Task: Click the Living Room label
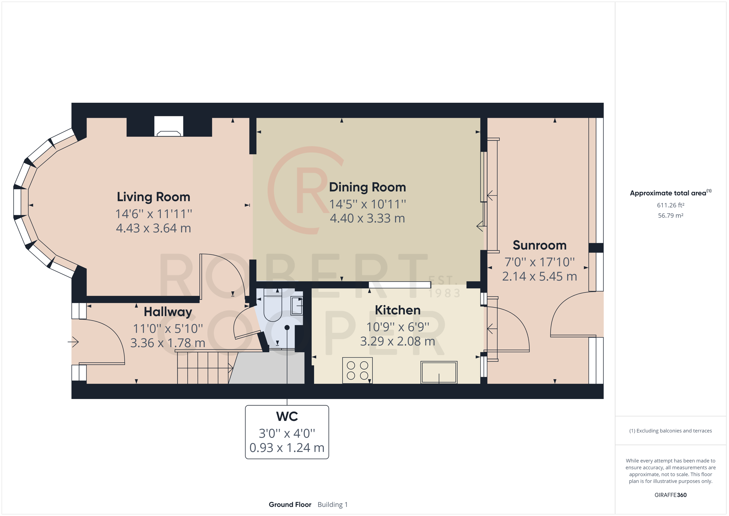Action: pyautogui.click(x=153, y=197)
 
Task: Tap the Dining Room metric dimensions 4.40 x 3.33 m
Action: pyautogui.click(x=367, y=218)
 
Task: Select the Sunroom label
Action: pyautogui.click(x=539, y=245)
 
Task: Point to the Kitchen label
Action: pyautogui.click(x=398, y=310)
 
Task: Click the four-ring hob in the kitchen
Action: pyautogui.click(x=357, y=370)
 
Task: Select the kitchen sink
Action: pyautogui.click(x=439, y=372)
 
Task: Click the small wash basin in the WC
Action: pyautogui.click(x=297, y=305)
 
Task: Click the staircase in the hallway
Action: pyautogui.click(x=203, y=368)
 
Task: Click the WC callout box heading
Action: pyautogui.click(x=287, y=417)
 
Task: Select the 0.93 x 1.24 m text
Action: pyautogui.click(x=287, y=448)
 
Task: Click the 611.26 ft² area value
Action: pyautogui.click(x=670, y=205)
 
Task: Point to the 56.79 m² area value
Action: pyautogui.click(x=670, y=215)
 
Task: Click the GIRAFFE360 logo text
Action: pyautogui.click(x=670, y=495)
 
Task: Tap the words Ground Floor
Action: pyautogui.click(x=289, y=504)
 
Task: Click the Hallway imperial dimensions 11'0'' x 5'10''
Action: pyautogui.click(x=168, y=329)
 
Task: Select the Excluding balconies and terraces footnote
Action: pyautogui.click(x=670, y=431)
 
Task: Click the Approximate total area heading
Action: pyautogui.click(x=668, y=193)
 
